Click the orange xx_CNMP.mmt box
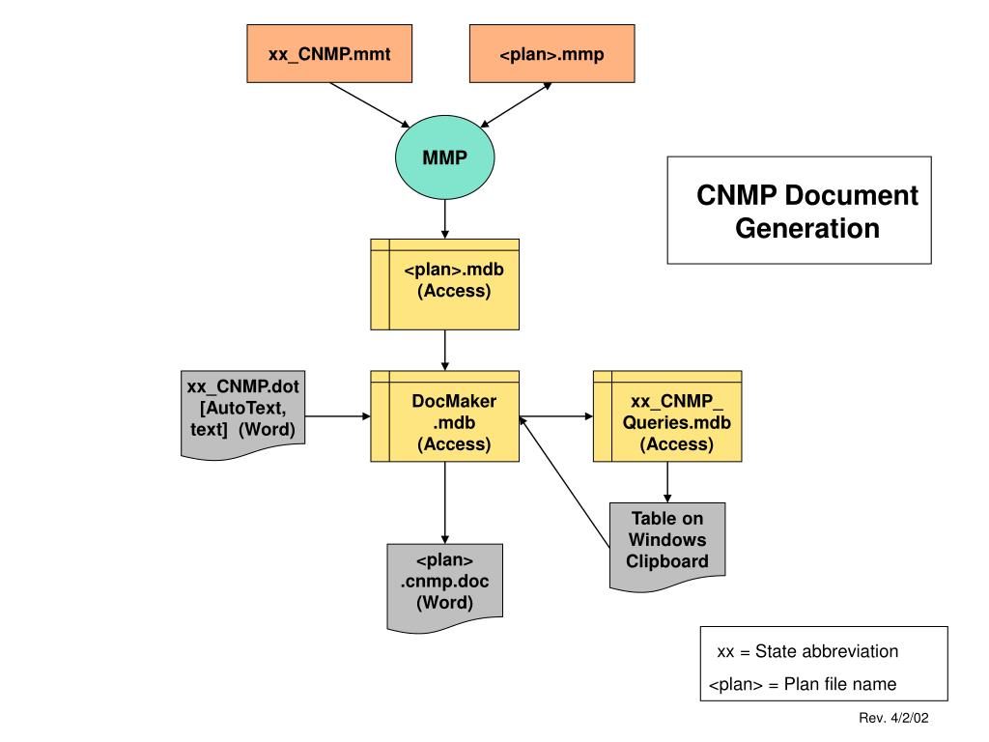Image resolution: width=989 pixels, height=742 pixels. pos(329,54)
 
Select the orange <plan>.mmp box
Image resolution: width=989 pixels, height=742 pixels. pos(551,54)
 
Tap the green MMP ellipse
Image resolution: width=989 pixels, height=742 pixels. pos(444,157)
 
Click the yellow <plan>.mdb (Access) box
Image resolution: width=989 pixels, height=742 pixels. pos(444,284)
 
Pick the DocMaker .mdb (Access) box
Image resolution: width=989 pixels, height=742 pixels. pos(444,416)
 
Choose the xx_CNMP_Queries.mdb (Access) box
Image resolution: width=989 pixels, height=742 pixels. pos(667,416)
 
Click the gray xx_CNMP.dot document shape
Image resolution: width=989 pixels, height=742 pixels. pos(242,414)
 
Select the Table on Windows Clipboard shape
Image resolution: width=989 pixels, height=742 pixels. pos(667,547)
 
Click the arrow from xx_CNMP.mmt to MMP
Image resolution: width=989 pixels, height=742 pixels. pos(370,105)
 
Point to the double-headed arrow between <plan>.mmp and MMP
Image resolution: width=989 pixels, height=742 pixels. pos(517,104)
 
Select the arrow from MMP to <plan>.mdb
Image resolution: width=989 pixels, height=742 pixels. pos(444,219)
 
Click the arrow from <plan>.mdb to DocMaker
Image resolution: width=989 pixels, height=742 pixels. pos(444,350)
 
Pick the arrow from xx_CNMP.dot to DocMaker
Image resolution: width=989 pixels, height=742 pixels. pos(337,416)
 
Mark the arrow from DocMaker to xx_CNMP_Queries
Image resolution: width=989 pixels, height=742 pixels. pos(556,416)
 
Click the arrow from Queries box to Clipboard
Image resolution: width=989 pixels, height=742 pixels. pos(667,482)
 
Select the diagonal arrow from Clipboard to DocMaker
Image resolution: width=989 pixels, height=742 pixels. pos(564,481)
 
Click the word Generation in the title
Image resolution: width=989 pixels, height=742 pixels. pos(807,228)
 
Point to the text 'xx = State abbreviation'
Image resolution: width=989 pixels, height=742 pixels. pos(807,651)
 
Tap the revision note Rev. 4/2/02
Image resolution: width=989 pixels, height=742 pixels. pos(893,718)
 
